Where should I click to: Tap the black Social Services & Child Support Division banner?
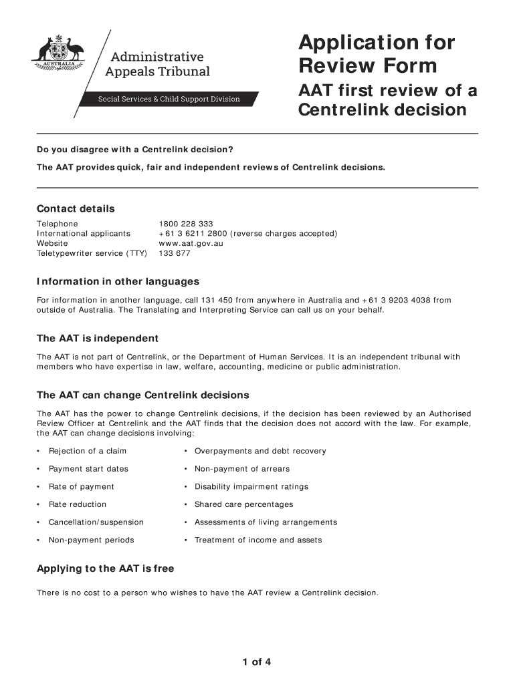[169, 99]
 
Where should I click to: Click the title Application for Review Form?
[377, 55]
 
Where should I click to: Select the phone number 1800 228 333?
[186, 224]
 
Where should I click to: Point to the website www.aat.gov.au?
[191, 244]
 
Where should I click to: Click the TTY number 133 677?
[175, 254]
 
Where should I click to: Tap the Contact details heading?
[76, 208]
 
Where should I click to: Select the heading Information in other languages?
[118, 281]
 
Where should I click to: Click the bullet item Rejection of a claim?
[88, 451]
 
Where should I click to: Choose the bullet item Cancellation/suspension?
[96, 522]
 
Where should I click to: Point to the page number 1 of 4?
[257, 663]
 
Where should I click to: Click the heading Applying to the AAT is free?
[105, 568]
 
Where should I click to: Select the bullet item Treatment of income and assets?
[258, 540]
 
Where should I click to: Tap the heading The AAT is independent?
[98, 338]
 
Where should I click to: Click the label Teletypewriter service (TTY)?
[92, 254]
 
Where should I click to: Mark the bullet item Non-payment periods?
[92, 540]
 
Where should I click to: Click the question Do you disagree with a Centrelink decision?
[134, 149]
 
